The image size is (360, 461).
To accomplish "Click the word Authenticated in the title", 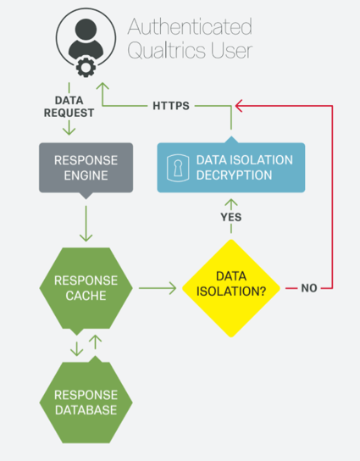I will coord(188,27).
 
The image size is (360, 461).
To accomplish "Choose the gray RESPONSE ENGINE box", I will coord(86,167).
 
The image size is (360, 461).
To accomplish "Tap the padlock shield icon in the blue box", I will coord(177,168).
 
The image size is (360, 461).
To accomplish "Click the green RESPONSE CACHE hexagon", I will coord(86,288).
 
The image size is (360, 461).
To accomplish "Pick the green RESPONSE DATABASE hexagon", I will coord(86,402).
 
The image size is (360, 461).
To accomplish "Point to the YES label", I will coord(230,217).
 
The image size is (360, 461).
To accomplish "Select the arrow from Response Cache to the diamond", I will coord(157,288).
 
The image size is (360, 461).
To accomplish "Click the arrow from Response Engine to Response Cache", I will coord(86,225).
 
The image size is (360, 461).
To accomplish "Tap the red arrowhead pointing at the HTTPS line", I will coord(241,106).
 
